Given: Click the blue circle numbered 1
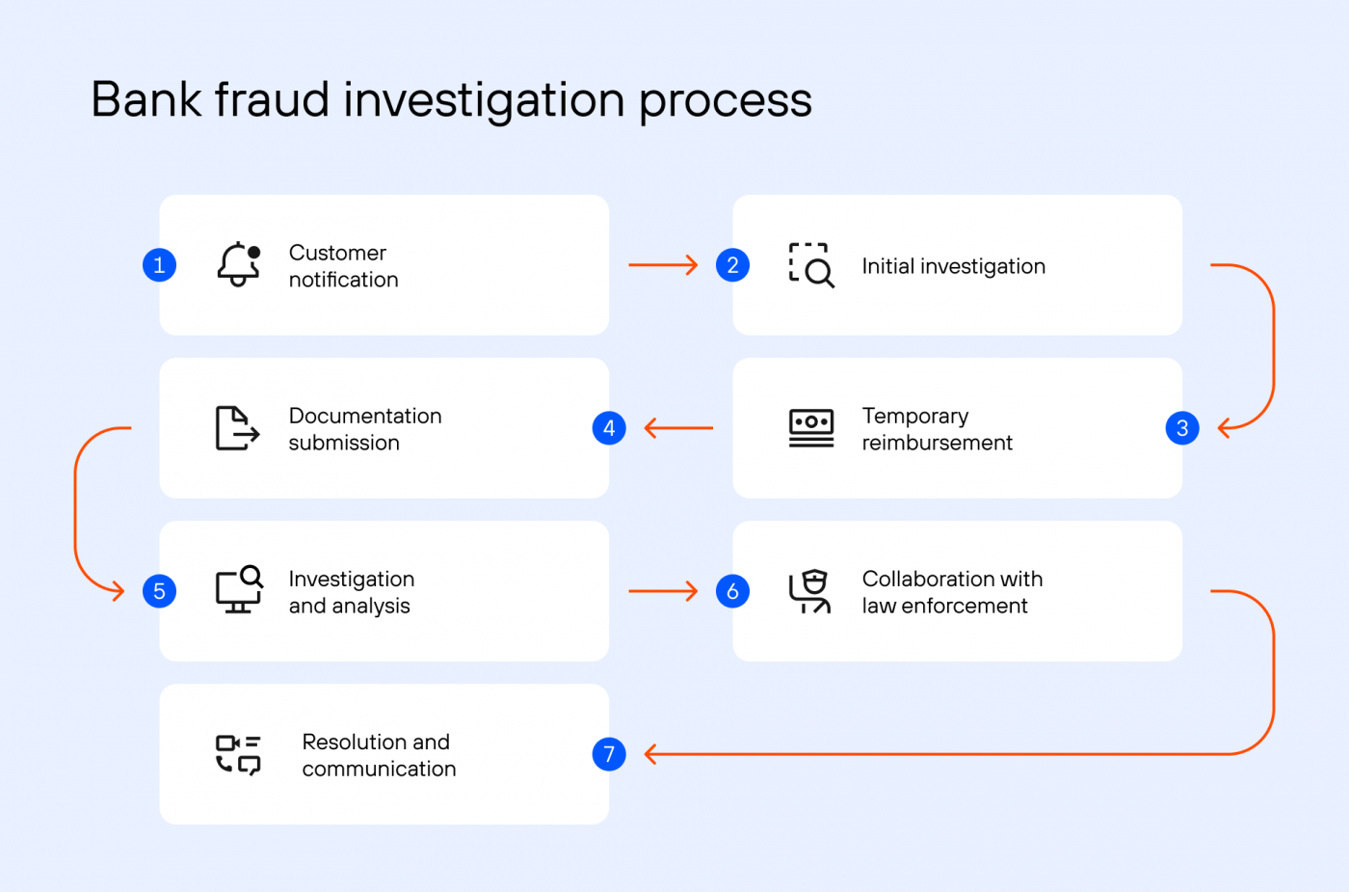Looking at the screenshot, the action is click(x=160, y=264).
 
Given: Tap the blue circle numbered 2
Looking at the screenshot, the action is click(x=732, y=264).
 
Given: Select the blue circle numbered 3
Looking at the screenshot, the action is click(x=1182, y=428).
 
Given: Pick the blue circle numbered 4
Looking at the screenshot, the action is click(x=609, y=428).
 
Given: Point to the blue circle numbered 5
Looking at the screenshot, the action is click(x=160, y=591).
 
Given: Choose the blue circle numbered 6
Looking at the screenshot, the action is click(x=732, y=591).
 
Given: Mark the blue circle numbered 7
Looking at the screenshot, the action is click(x=609, y=754).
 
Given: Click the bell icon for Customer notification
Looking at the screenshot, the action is click(x=238, y=264).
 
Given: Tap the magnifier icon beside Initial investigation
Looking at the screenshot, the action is click(x=811, y=265).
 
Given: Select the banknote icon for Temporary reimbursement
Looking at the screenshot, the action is click(x=811, y=428).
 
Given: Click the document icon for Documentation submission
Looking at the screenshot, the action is click(x=237, y=428).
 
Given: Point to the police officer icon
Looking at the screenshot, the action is click(x=810, y=591).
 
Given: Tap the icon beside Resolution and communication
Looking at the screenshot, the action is click(x=237, y=754).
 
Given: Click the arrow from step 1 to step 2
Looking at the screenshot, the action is click(x=663, y=265).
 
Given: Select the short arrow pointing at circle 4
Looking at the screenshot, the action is click(x=678, y=428).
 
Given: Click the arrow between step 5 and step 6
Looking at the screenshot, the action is click(x=663, y=591).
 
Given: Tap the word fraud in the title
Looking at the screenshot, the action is click(x=272, y=99).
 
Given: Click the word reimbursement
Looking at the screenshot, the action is click(x=937, y=443).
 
